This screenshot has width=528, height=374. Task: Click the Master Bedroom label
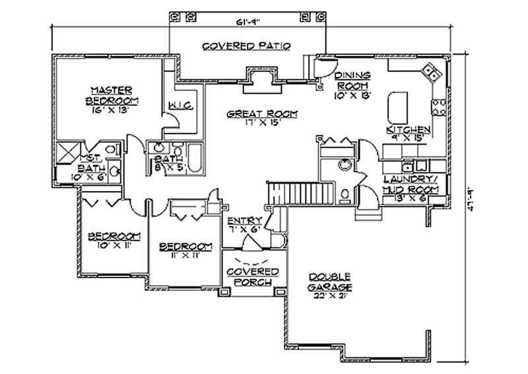coord(112,95)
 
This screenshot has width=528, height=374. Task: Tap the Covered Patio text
coord(247,46)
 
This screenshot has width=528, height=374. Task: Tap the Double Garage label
coord(328,282)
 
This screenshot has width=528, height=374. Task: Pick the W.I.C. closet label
coord(180,106)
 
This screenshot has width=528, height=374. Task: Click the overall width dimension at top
coord(248,22)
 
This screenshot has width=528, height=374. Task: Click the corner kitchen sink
coord(431,72)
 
